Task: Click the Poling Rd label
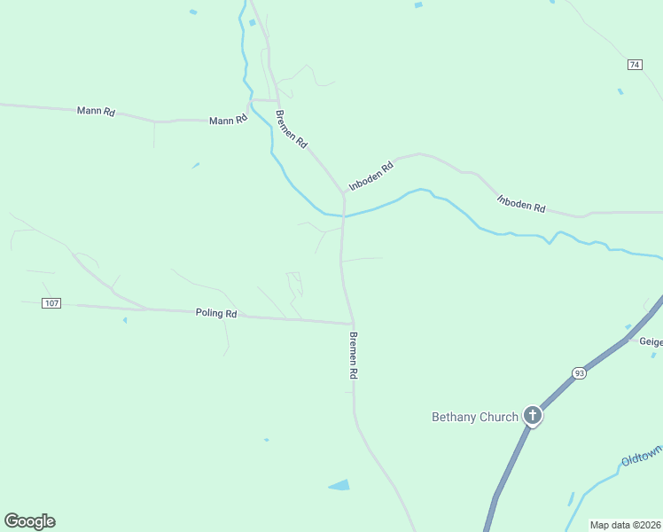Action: tap(217, 313)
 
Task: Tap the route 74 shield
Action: tap(634, 65)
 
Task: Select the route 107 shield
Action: tap(51, 303)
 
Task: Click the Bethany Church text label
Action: tap(474, 417)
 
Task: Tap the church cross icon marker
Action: tap(532, 414)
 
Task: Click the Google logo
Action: tap(29, 521)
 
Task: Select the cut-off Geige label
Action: tap(651, 340)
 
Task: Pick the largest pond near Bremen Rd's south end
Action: tap(339, 485)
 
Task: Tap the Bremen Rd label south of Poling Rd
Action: tap(353, 356)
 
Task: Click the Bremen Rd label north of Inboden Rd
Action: tap(292, 129)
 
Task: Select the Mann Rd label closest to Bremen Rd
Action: tap(228, 120)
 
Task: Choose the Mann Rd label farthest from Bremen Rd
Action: tap(97, 112)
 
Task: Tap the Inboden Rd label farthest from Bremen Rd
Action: tap(521, 204)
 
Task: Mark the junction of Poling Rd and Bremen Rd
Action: tap(353, 323)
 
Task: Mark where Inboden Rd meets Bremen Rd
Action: tap(343, 192)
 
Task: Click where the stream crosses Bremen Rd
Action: tap(344, 215)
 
